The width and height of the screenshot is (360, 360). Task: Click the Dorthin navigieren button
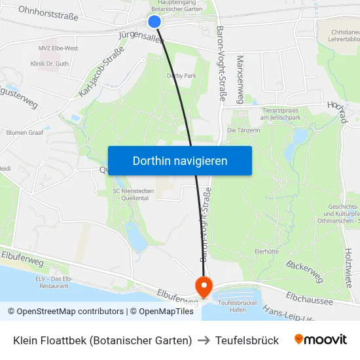pos(179,160)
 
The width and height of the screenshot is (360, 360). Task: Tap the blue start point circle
pos(154,22)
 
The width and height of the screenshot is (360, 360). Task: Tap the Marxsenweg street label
pos(240,79)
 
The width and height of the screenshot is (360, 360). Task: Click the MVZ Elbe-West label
pos(58,48)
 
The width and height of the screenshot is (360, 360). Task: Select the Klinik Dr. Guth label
pos(49,63)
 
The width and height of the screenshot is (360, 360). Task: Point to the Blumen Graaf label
pos(24,132)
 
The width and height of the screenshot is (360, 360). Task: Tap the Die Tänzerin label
pos(243,130)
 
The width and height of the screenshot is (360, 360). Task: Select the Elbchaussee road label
pos(309,301)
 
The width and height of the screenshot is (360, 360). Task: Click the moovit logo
pos(320,340)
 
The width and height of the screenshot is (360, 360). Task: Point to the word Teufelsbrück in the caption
pos(247,340)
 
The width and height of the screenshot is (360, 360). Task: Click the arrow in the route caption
pos(206,340)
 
